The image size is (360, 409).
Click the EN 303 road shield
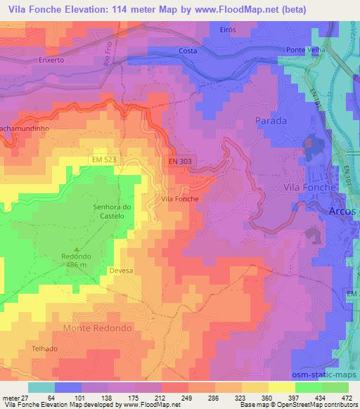pyautogui.click(x=181, y=161)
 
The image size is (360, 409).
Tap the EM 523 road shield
pyautogui.click(x=103, y=160)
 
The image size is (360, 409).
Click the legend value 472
pyautogui.click(x=345, y=398)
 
